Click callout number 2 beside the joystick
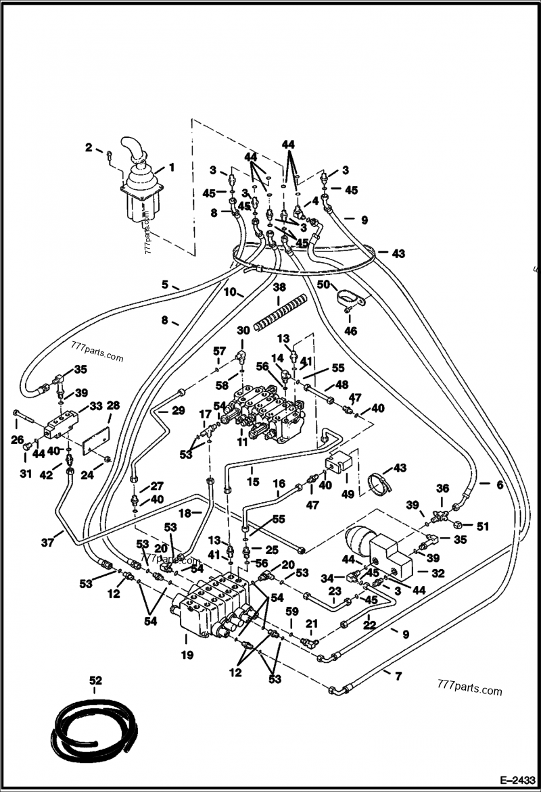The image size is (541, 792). coord(89,147)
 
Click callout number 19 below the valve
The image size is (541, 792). coord(187,654)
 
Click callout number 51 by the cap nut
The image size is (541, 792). coord(482,526)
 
